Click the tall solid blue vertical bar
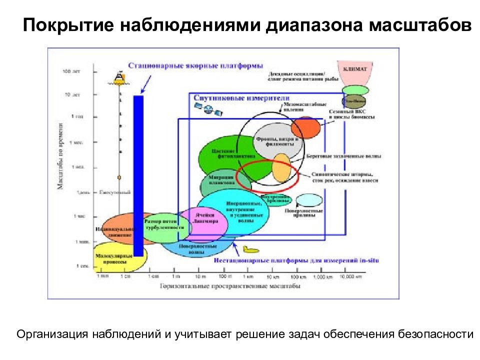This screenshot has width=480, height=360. tap(138, 175)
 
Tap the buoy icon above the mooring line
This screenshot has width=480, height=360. tap(119, 76)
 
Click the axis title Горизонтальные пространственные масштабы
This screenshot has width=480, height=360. tap(230, 286)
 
